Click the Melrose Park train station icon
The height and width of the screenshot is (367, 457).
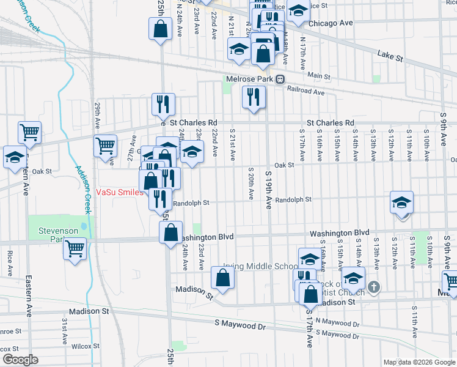[280, 80]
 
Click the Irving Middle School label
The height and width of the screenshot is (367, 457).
[260, 267]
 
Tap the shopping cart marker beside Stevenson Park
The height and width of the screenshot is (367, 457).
[75, 249]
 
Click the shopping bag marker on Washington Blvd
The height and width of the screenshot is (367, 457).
[170, 232]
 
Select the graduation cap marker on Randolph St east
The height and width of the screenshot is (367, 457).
[401, 203]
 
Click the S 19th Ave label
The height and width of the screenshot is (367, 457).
[268, 190]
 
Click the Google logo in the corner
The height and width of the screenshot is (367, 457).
[20, 360]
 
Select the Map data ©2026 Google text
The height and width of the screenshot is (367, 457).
[419, 362]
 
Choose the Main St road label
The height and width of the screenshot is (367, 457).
[318, 76]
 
